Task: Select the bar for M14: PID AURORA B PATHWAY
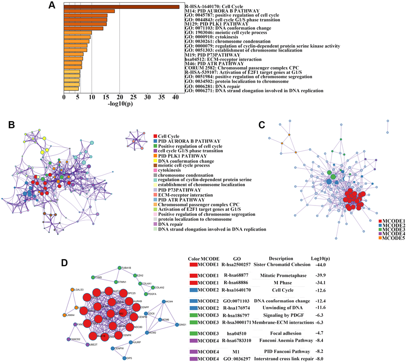point(89,11)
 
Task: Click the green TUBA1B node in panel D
point(119,268)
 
